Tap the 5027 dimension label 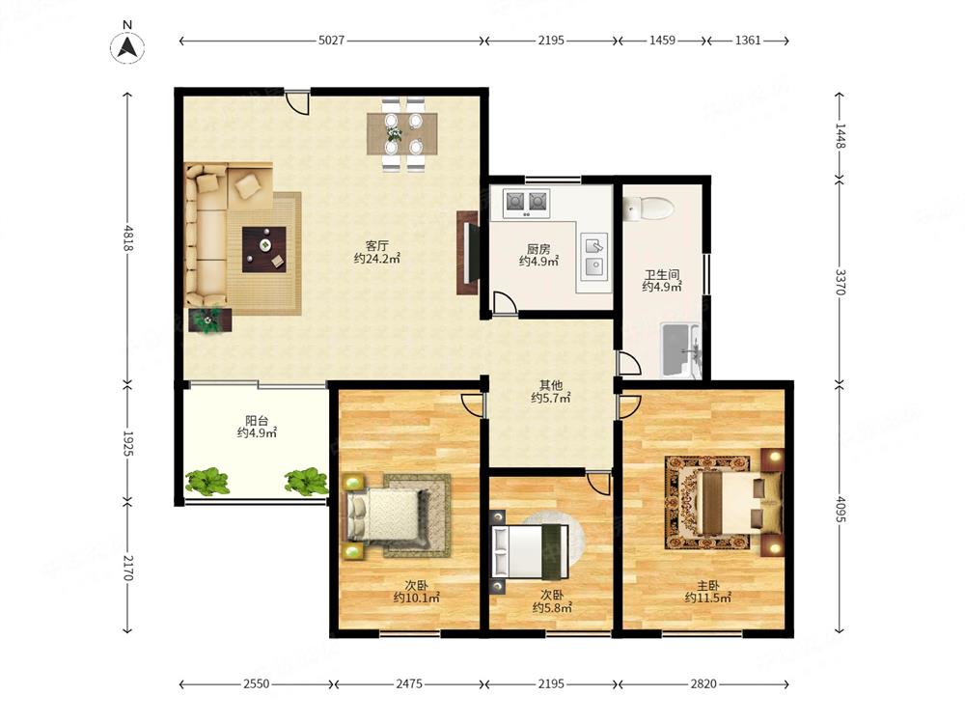[331, 41]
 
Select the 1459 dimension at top [662, 41]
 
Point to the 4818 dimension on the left [128, 237]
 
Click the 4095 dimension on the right [841, 509]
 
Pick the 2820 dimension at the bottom [703, 684]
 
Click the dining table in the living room [402, 133]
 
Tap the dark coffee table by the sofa [264, 249]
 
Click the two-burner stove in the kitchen [527, 202]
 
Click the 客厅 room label [376, 246]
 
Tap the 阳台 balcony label [257, 421]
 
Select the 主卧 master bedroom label [707, 586]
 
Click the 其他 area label [551, 385]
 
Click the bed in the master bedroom [733, 502]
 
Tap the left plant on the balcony [207, 482]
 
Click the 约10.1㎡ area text [417, 598]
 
